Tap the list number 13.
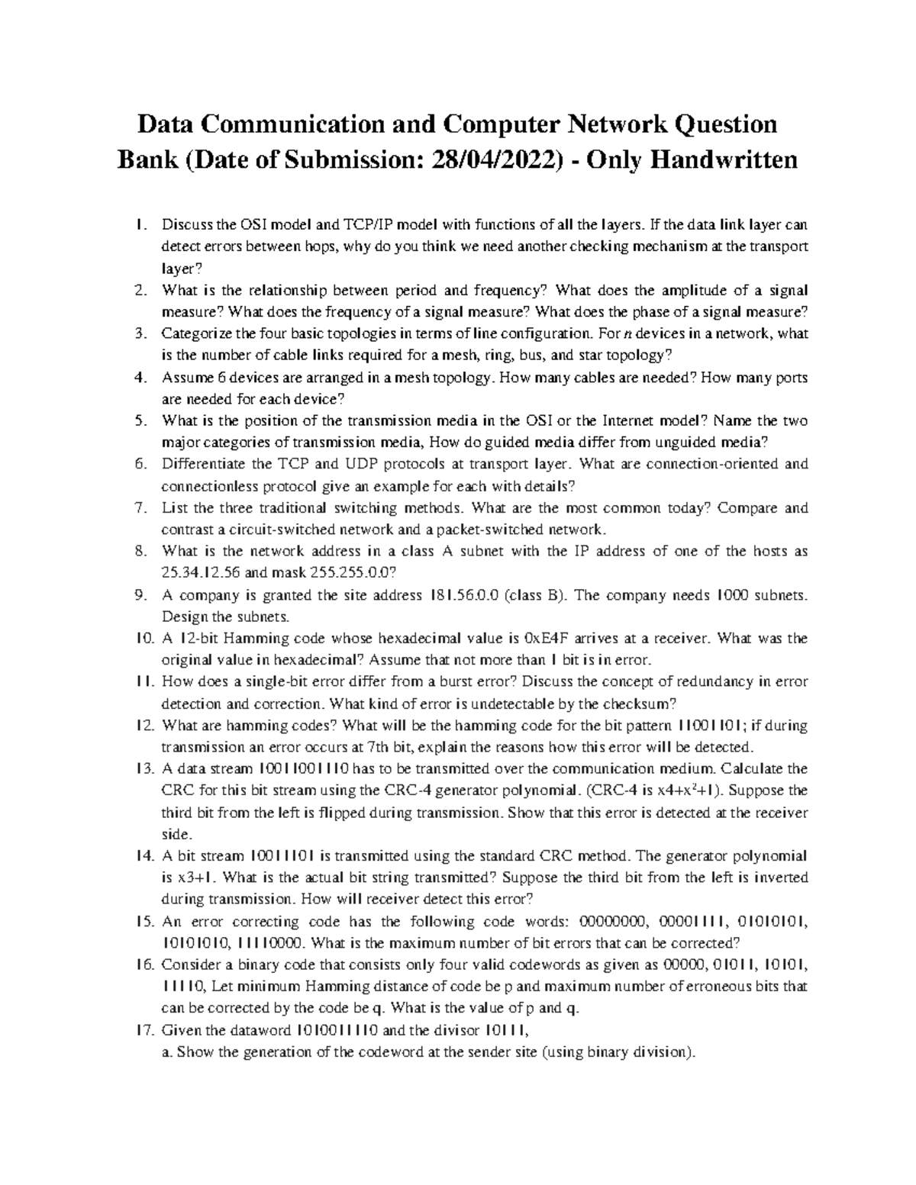point(144,768)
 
